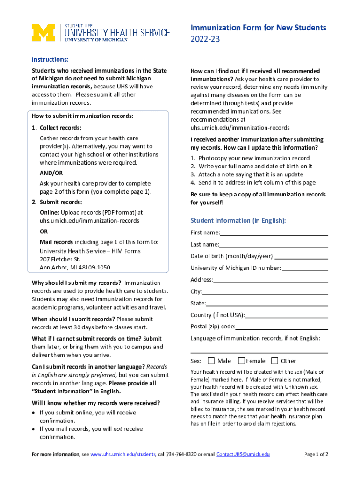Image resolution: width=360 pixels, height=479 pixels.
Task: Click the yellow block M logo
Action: coord(43,32)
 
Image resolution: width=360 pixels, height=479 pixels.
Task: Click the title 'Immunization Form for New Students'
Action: coord(258,28)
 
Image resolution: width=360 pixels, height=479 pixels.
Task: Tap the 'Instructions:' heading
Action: coord(50,59)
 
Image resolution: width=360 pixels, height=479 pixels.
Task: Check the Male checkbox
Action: coord(211,361)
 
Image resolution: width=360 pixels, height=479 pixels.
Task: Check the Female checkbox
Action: coord(242,361)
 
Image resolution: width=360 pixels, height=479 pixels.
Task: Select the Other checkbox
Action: coord(275,361)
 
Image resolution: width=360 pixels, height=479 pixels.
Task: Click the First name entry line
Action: coord(274,233)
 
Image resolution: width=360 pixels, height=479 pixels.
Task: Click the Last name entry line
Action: coord(274,245)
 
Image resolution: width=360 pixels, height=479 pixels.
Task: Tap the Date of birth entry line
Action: coord(302,256)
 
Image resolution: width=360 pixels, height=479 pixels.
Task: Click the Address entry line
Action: coord(271,280)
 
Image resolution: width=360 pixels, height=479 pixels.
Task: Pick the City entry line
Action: coord(265,292)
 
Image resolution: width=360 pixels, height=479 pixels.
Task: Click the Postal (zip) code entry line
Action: coord(281,327)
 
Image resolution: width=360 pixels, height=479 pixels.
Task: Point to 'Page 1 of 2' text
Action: coord(316,454)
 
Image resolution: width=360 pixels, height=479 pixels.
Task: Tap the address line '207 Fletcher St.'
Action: coord(60,259)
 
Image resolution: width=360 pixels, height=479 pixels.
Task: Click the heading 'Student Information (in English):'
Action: coord(238,220)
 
